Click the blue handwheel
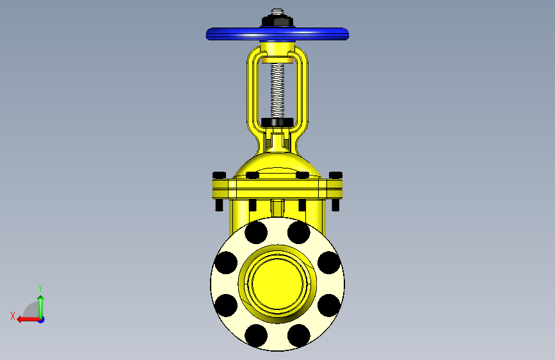[278, 34]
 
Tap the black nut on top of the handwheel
[278, 21]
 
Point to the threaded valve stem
[278, 90]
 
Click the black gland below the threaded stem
[278, 122]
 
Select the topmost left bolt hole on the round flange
[256, 233]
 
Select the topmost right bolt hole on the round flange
[299, 233]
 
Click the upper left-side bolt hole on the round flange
[226, 263]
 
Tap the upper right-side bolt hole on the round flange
[329, 263]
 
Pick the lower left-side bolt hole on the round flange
[226, 305]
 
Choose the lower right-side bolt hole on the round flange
[329, 305]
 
